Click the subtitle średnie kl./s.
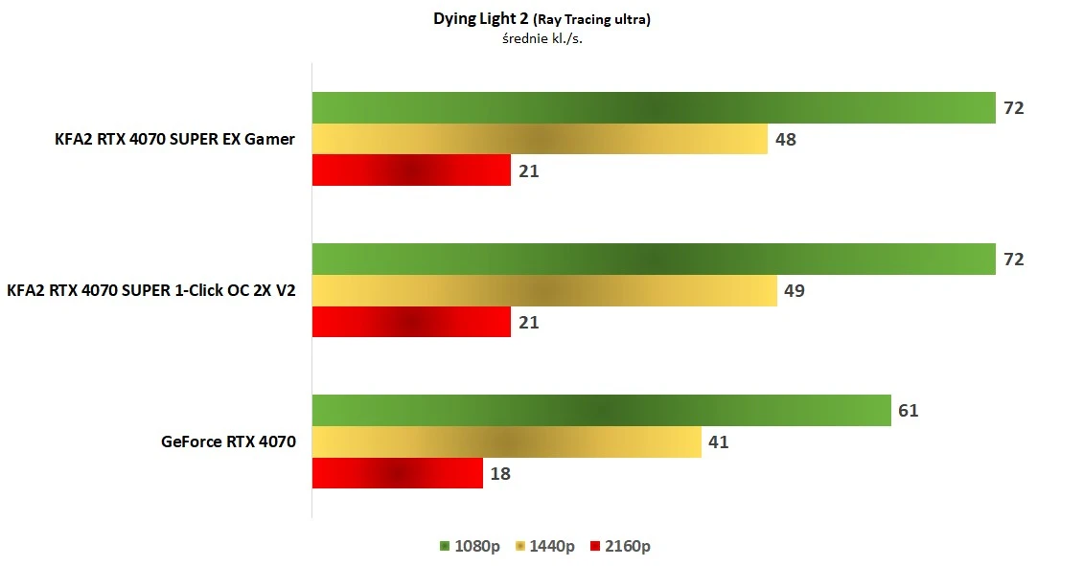click(541, 39)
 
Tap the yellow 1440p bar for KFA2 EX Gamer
click(540, 139)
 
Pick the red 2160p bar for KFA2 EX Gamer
click(411, 170)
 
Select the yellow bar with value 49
click(544, 290)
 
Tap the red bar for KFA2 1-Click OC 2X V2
click(411, 322)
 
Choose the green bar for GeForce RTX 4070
click(601, 411)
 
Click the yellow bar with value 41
click(506, 441)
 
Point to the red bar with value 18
click(397, 473)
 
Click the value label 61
click(909, 411)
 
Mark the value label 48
click(786, 140)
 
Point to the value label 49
click(795, 290)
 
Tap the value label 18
click(500, 473)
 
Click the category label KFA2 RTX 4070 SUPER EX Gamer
click(174, 140)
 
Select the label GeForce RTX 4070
click(229, 441)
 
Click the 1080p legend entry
click(469, 546)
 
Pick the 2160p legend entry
click(620, 546)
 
